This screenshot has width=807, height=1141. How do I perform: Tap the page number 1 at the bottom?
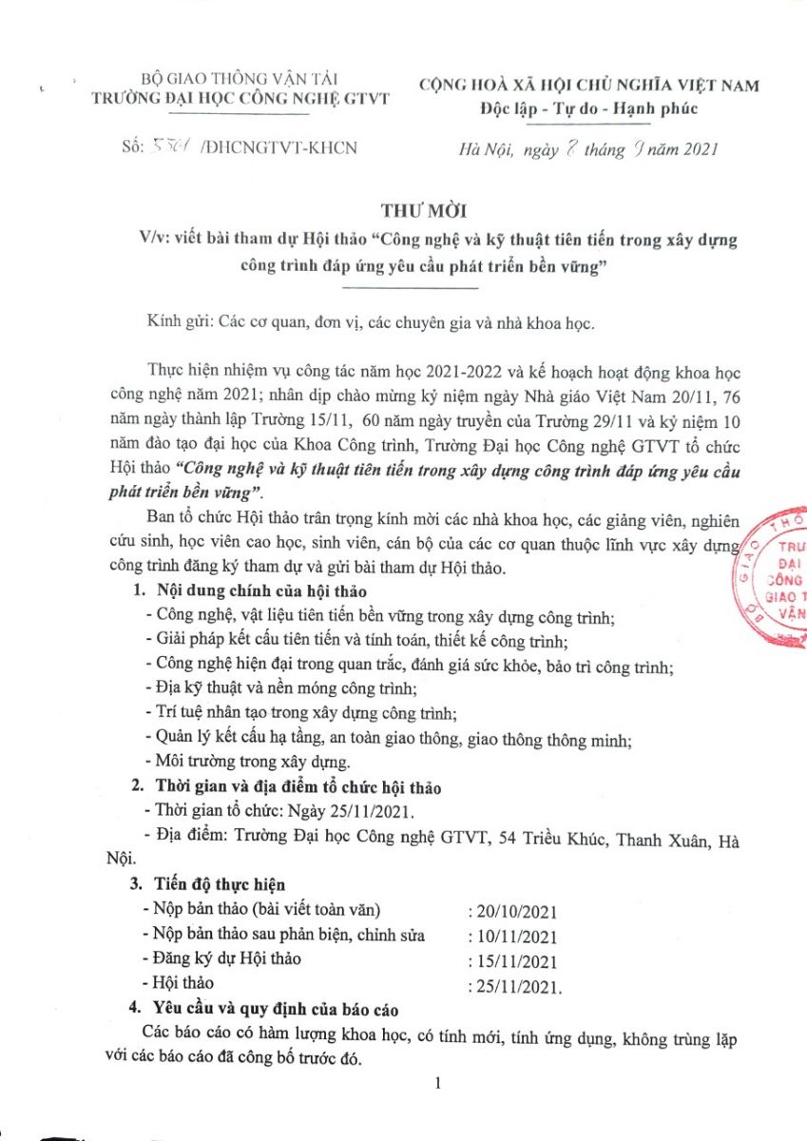click(x=437, y=1083)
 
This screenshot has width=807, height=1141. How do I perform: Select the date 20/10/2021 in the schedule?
click(x=513, y=911)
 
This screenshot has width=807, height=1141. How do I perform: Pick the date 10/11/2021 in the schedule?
click(x=513, y=937)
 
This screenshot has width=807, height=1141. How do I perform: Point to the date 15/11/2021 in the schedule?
click(x=513, y=961)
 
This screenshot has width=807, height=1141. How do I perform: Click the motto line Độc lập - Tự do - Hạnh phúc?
click(x=588, y=107)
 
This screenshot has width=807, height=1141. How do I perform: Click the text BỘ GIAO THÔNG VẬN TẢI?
click(x=226, y=79)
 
